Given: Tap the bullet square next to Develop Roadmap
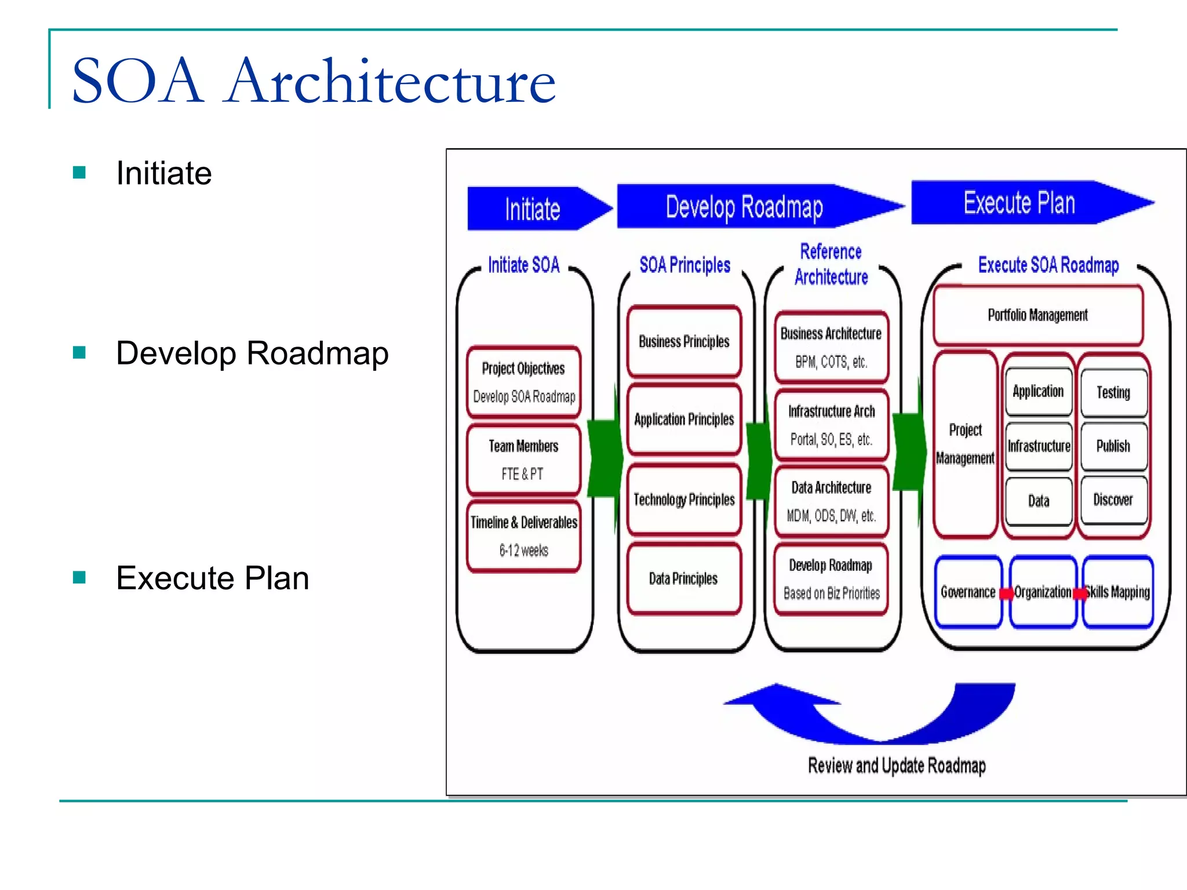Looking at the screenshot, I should [x=79, y=352].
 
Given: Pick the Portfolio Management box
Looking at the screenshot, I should [x=1037, y=315].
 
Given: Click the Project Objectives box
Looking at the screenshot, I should [x=523, y=382].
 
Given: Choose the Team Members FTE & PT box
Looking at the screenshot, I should [x=523, y=459].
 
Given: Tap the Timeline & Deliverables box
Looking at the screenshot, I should [x=523, y=536].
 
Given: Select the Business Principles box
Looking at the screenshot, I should [x=684, y=341].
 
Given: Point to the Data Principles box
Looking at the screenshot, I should [x=684, y=578].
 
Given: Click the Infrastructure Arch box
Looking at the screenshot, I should [x=831, y=425].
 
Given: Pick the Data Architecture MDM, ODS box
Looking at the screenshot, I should [x=831, y=501].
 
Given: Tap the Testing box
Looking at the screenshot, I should [x=1113, y=393].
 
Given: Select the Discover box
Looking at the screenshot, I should [x=1113, y=499].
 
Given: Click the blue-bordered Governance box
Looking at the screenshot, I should [x=968, y=592].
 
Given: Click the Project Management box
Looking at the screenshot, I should [x=965, y=444].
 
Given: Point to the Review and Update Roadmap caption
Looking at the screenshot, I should [x=897, y=765].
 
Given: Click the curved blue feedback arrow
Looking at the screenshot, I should [x=881, y=724].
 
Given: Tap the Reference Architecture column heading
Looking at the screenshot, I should [x=831, y=264].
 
